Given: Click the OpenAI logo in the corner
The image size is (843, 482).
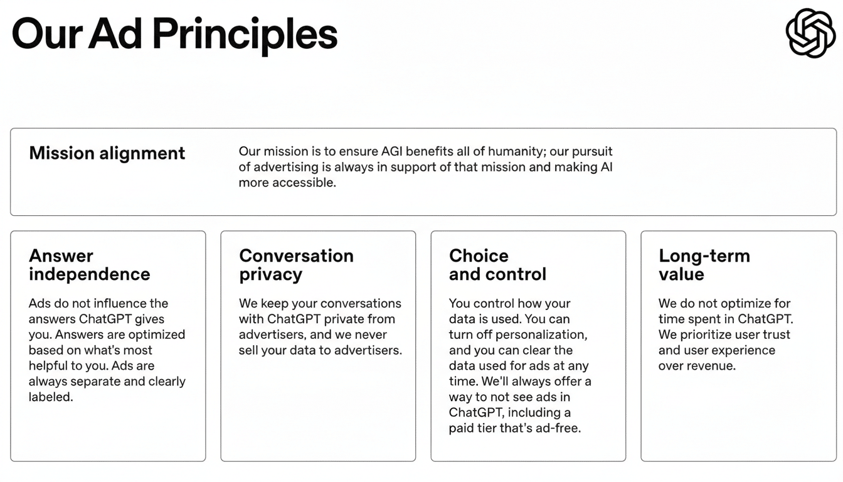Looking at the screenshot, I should point(810,33).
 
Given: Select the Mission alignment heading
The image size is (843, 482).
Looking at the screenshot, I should point(107,153).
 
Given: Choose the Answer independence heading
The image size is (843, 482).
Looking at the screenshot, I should point(89,265).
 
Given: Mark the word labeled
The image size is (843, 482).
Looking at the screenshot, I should point(51,397).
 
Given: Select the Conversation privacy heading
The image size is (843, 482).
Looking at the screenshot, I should point(296,265).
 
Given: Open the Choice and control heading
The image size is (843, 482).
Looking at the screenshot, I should point(497,265).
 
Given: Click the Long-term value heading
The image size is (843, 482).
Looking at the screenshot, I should point(704,265).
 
